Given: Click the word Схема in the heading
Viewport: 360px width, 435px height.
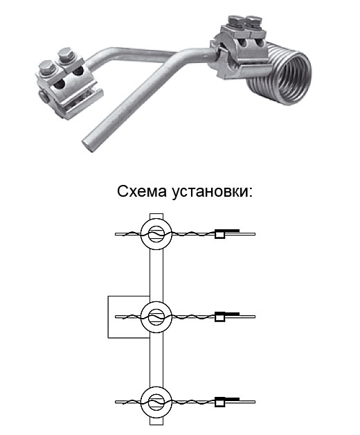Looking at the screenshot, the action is [142, 191].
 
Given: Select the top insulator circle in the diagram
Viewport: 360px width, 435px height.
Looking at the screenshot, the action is [156, 222].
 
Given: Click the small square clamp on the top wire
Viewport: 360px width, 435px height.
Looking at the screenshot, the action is [219, 234].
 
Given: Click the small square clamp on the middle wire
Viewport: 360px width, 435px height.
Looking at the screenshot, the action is [219, 317].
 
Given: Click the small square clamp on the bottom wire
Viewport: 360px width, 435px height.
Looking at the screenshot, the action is [219, 402].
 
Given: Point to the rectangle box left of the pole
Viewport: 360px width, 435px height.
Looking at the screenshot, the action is [108, 317].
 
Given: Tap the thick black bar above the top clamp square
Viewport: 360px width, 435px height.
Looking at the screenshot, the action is [228, 231].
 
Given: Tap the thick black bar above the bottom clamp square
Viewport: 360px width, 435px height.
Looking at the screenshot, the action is [228, 399].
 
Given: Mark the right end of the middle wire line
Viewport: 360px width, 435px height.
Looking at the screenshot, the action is [255, 317].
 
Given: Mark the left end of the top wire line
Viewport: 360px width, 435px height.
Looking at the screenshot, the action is [116, 234].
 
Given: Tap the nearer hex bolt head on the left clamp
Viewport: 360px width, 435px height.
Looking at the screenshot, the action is [46, 67].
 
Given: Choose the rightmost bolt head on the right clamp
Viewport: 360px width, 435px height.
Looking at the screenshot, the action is [253, 21].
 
